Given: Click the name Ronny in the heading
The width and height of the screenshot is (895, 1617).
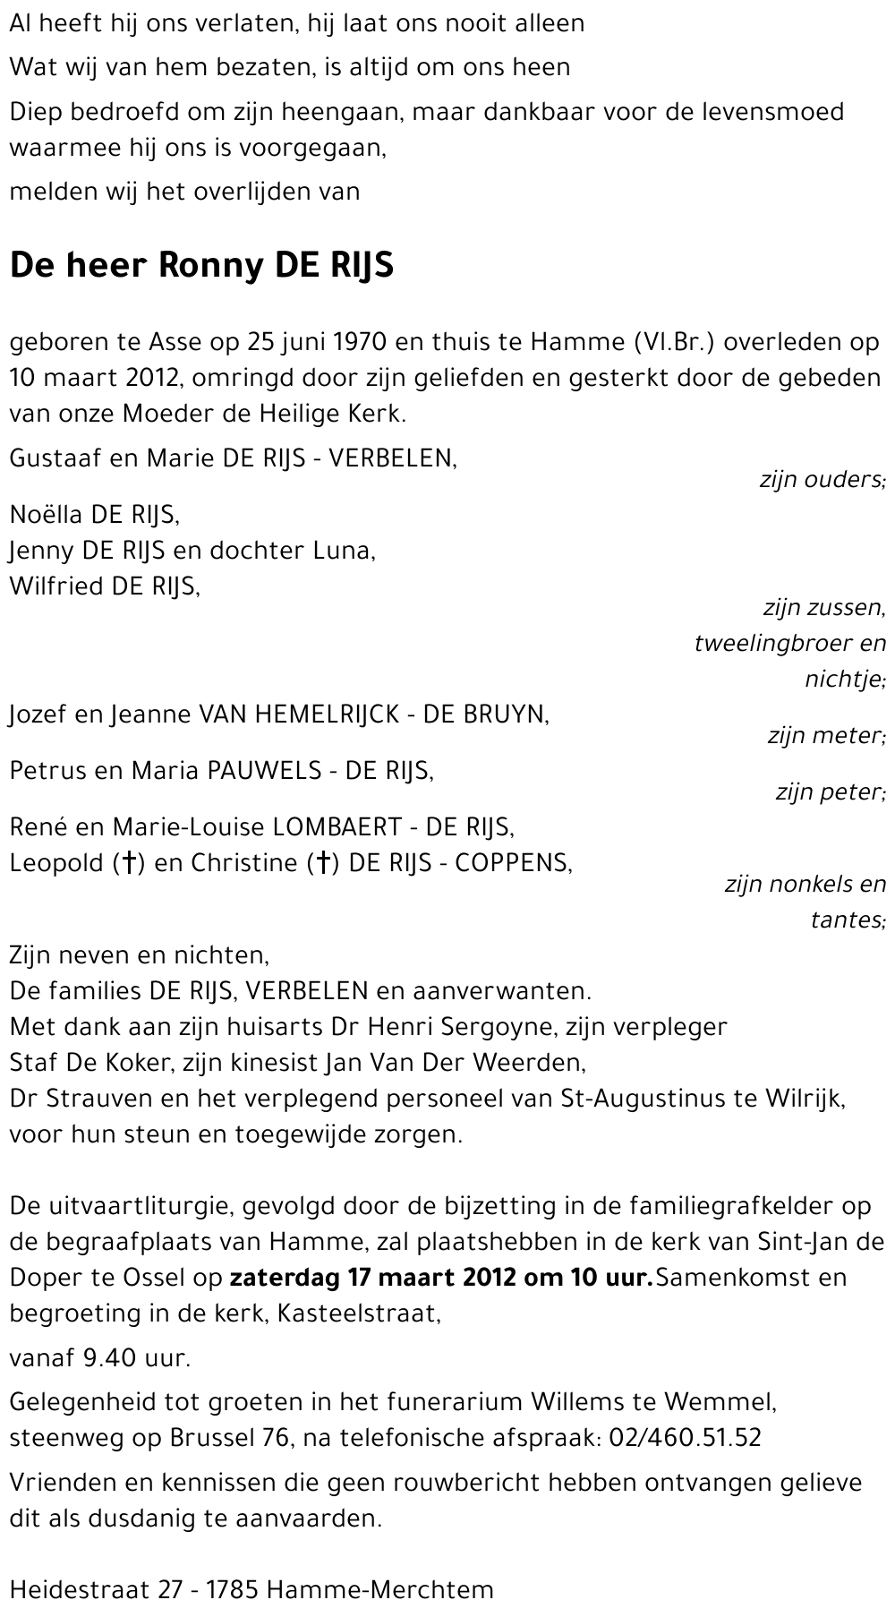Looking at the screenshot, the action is point(211,266).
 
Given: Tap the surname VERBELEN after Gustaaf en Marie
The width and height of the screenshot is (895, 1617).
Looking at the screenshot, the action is point(392,458).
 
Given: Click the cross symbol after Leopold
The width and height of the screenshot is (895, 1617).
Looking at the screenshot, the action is point(130,862).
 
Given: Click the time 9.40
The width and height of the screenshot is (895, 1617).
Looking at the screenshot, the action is point(108,1357).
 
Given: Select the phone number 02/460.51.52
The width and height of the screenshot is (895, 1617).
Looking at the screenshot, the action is point(685,1438).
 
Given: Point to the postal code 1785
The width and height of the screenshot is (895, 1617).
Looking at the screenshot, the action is point(232,1590).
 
